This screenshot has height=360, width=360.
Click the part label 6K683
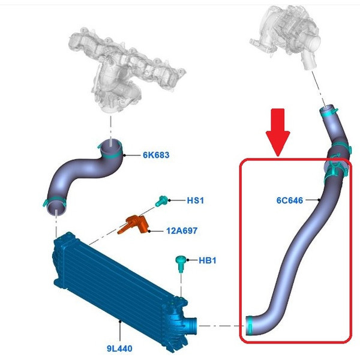(156, 155)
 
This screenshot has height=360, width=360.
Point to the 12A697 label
(181, 230)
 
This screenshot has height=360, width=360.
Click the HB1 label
(207, 260)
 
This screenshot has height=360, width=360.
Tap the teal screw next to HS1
(161, 202)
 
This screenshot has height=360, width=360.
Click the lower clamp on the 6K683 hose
(53, 201)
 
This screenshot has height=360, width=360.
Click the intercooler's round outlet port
(191, 325)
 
